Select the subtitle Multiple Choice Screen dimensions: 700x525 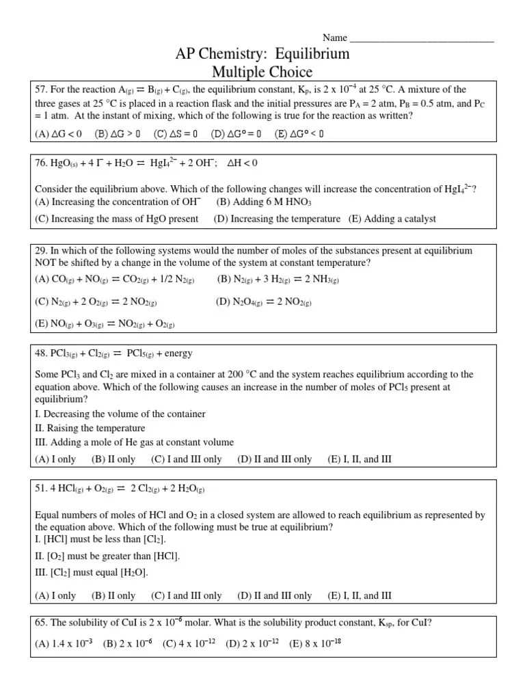point(262,72)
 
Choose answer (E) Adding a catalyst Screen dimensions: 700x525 point(392,219)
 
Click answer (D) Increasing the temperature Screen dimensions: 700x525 point(277,219)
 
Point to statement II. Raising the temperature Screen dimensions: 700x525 point(90,428)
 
